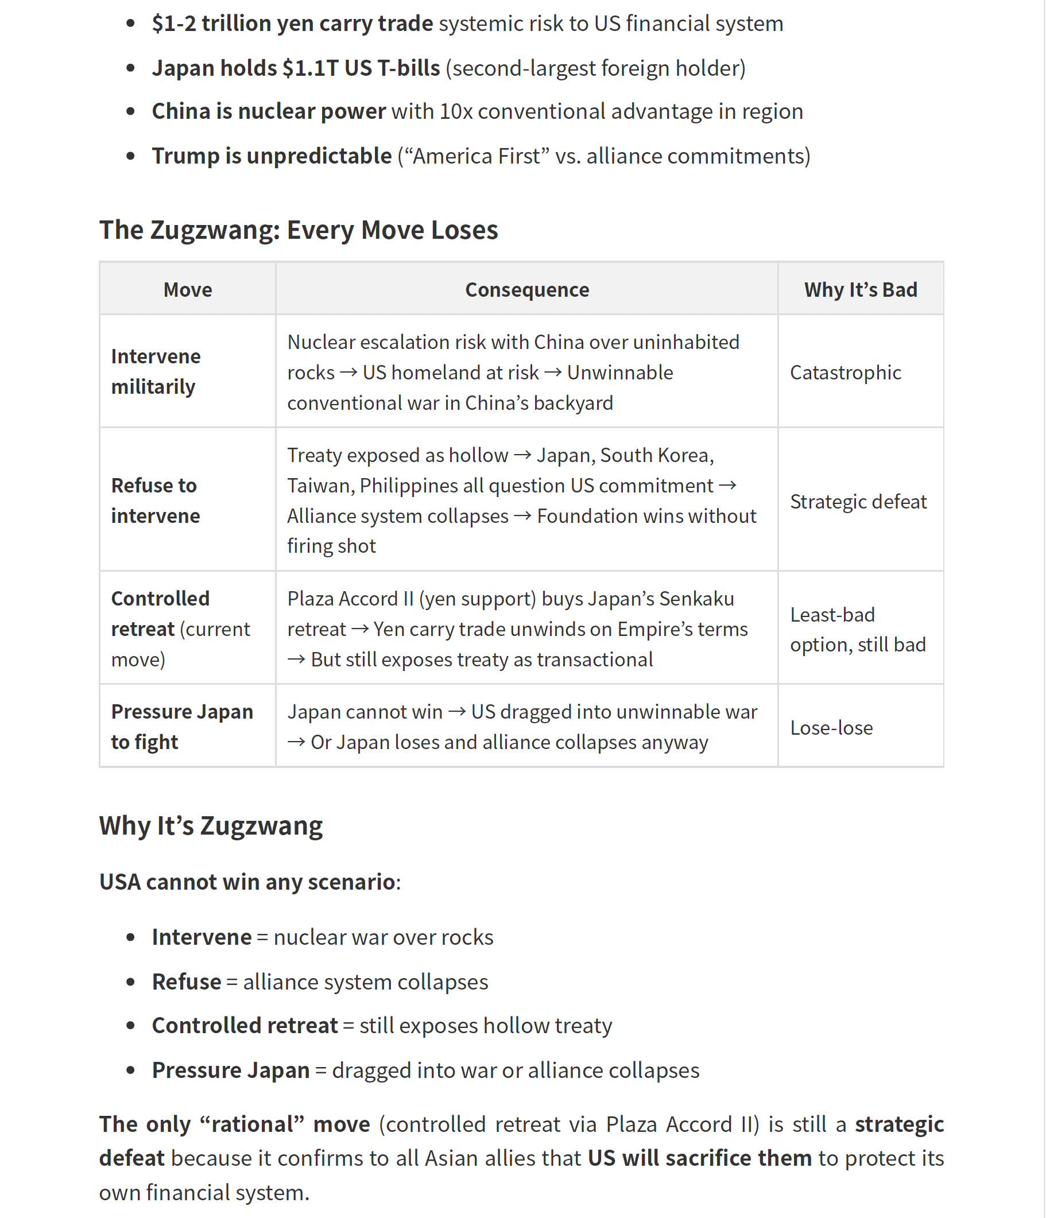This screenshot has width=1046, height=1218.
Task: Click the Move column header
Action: pyautogui.click(x=188, y=290)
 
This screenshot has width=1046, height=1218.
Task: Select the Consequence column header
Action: pyautogui.click(x=527, y=290)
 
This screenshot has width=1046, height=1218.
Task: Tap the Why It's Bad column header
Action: pyautogui.click(x=861, y=290)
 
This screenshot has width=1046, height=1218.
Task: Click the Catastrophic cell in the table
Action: pyautogui.click(x=846, y=373)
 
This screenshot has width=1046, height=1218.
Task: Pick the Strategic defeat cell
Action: pyautogui.click(x=858, y=502)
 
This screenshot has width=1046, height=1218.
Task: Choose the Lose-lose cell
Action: pyautogui.click(x=831, y=728)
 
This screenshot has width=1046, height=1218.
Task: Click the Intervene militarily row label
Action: pyautogui.click(x=156, y=371)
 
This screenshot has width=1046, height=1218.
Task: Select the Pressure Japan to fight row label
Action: pyautogui.click(x=181, y=727)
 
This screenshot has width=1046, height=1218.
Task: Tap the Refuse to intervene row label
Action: pyautogui.click(x=155, y=501)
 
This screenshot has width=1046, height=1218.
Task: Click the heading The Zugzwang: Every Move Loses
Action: pyautogui.click(x=299, y=230)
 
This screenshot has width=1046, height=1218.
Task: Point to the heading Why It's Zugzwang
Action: pyautogui.click(x=211, y=826)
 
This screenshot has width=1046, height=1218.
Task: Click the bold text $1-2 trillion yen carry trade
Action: pyautogui.click(x=292, y=24)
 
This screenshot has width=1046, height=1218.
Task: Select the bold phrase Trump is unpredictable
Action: pyautogui.click(x=272, y=156)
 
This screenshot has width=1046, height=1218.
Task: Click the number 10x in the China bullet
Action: pyautogui.click(x=456, y=111)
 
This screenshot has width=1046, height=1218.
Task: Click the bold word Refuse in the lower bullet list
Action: pyautogui.click(x=187, y=982)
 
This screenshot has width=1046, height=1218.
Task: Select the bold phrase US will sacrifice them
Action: pyautogui.click(x=700, y=1158)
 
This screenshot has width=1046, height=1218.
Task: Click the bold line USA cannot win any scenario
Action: pyautogui.click(x=247, y=882)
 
